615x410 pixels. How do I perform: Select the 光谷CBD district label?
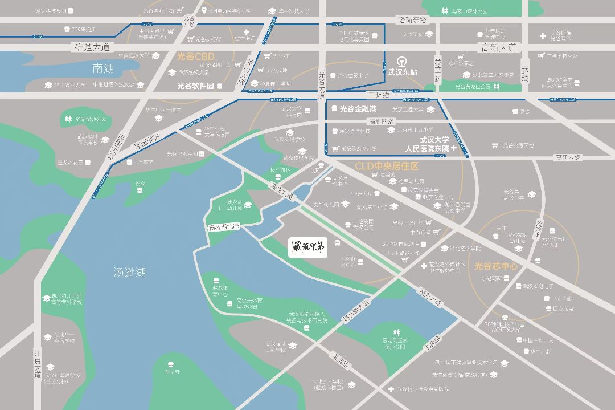click(196, 57)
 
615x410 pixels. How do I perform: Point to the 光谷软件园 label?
click(195, 86)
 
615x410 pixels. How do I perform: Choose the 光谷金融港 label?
click(358, 109)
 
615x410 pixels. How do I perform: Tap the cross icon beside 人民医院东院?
click(454, 148)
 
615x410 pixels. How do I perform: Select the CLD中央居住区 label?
click(387, 166)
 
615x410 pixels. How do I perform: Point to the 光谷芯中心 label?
click(496, 266)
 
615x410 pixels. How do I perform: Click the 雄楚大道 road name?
click(92, 46)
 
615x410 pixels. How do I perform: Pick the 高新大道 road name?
click(498, 47)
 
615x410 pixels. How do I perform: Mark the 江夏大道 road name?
click(38, 363)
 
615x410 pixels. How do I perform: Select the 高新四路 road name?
click(381, 121)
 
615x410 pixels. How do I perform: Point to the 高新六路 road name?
click(569, 157)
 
